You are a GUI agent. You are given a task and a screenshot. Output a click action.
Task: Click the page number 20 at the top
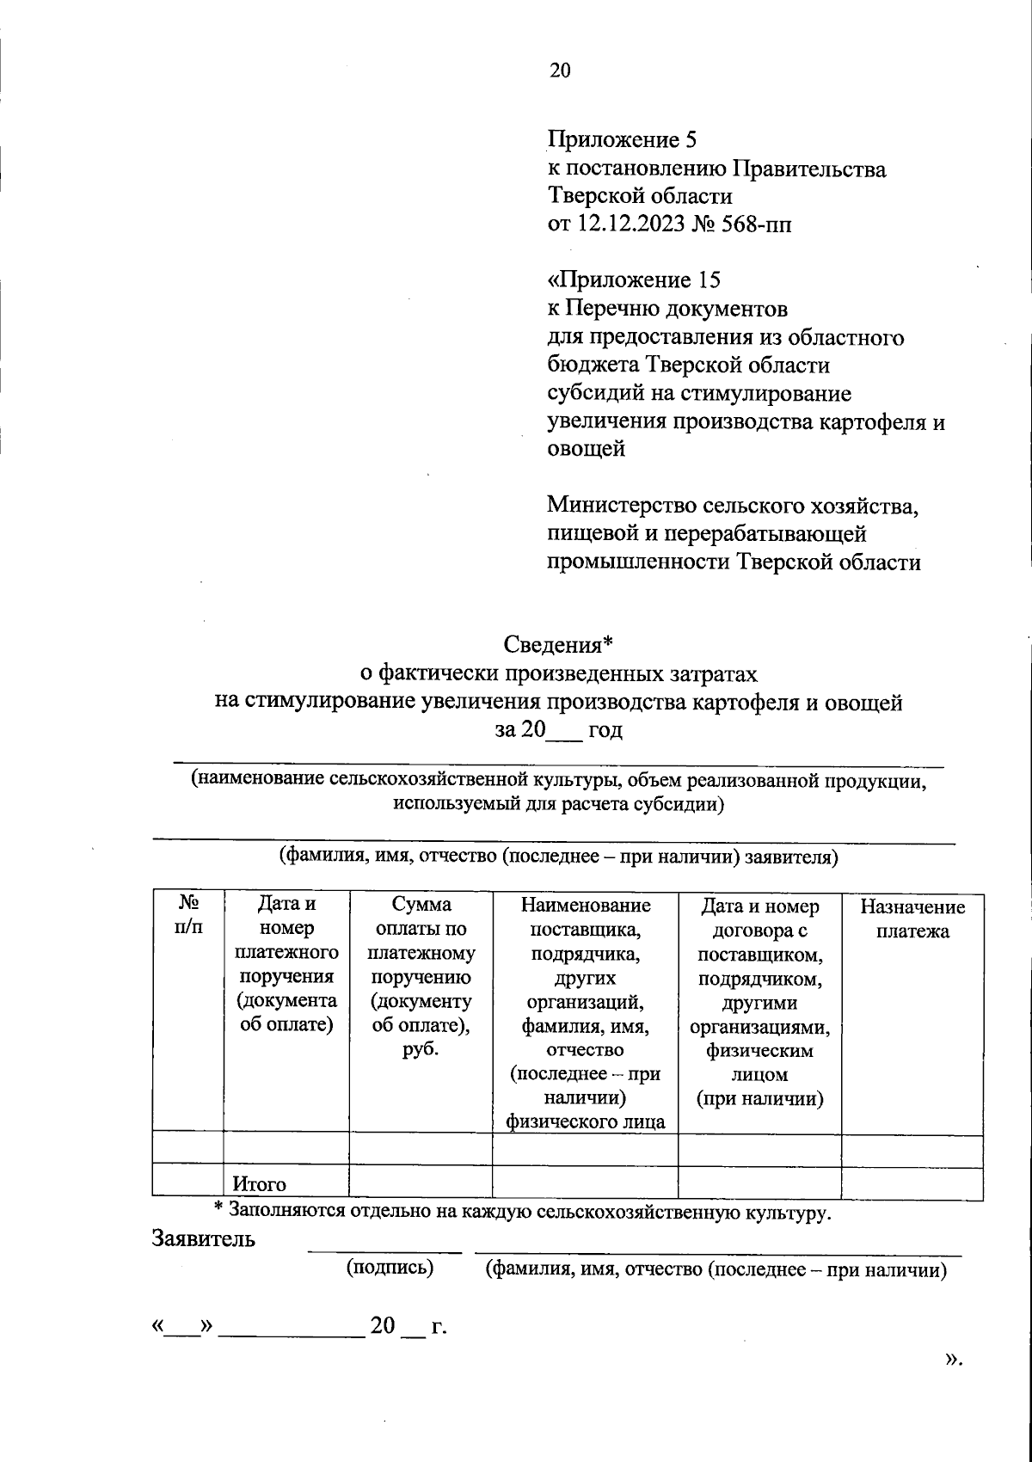[560, 71]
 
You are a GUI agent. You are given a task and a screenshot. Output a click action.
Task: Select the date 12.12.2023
[630, 224]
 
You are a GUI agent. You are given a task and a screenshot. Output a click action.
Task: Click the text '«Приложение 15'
[634, 280]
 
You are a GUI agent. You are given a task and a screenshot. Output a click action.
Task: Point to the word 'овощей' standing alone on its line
[586, 448]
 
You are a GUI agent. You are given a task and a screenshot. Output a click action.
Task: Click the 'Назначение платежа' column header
[912, 918]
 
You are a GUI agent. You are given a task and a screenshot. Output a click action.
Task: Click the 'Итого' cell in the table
[260, 1184]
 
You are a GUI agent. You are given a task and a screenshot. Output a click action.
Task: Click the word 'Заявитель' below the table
[204, 1239]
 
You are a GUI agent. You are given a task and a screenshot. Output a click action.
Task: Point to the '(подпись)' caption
[390, 1268]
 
